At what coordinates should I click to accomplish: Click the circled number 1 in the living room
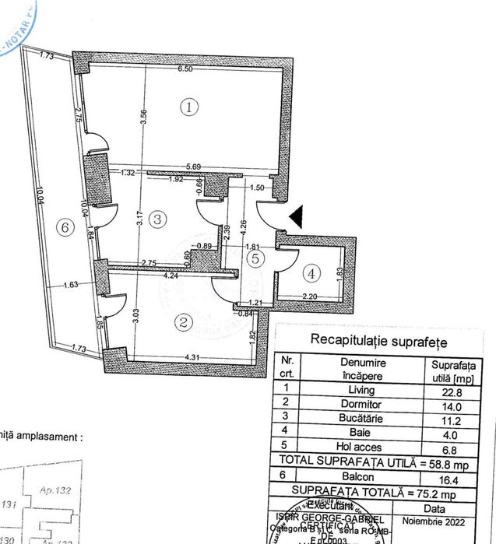[188, 107]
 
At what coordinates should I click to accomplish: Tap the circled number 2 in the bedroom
[184, 321]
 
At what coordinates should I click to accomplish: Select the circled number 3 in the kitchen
[158, 219]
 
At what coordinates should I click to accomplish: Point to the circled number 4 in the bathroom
[311, 273]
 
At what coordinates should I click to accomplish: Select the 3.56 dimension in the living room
[142, 117]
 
